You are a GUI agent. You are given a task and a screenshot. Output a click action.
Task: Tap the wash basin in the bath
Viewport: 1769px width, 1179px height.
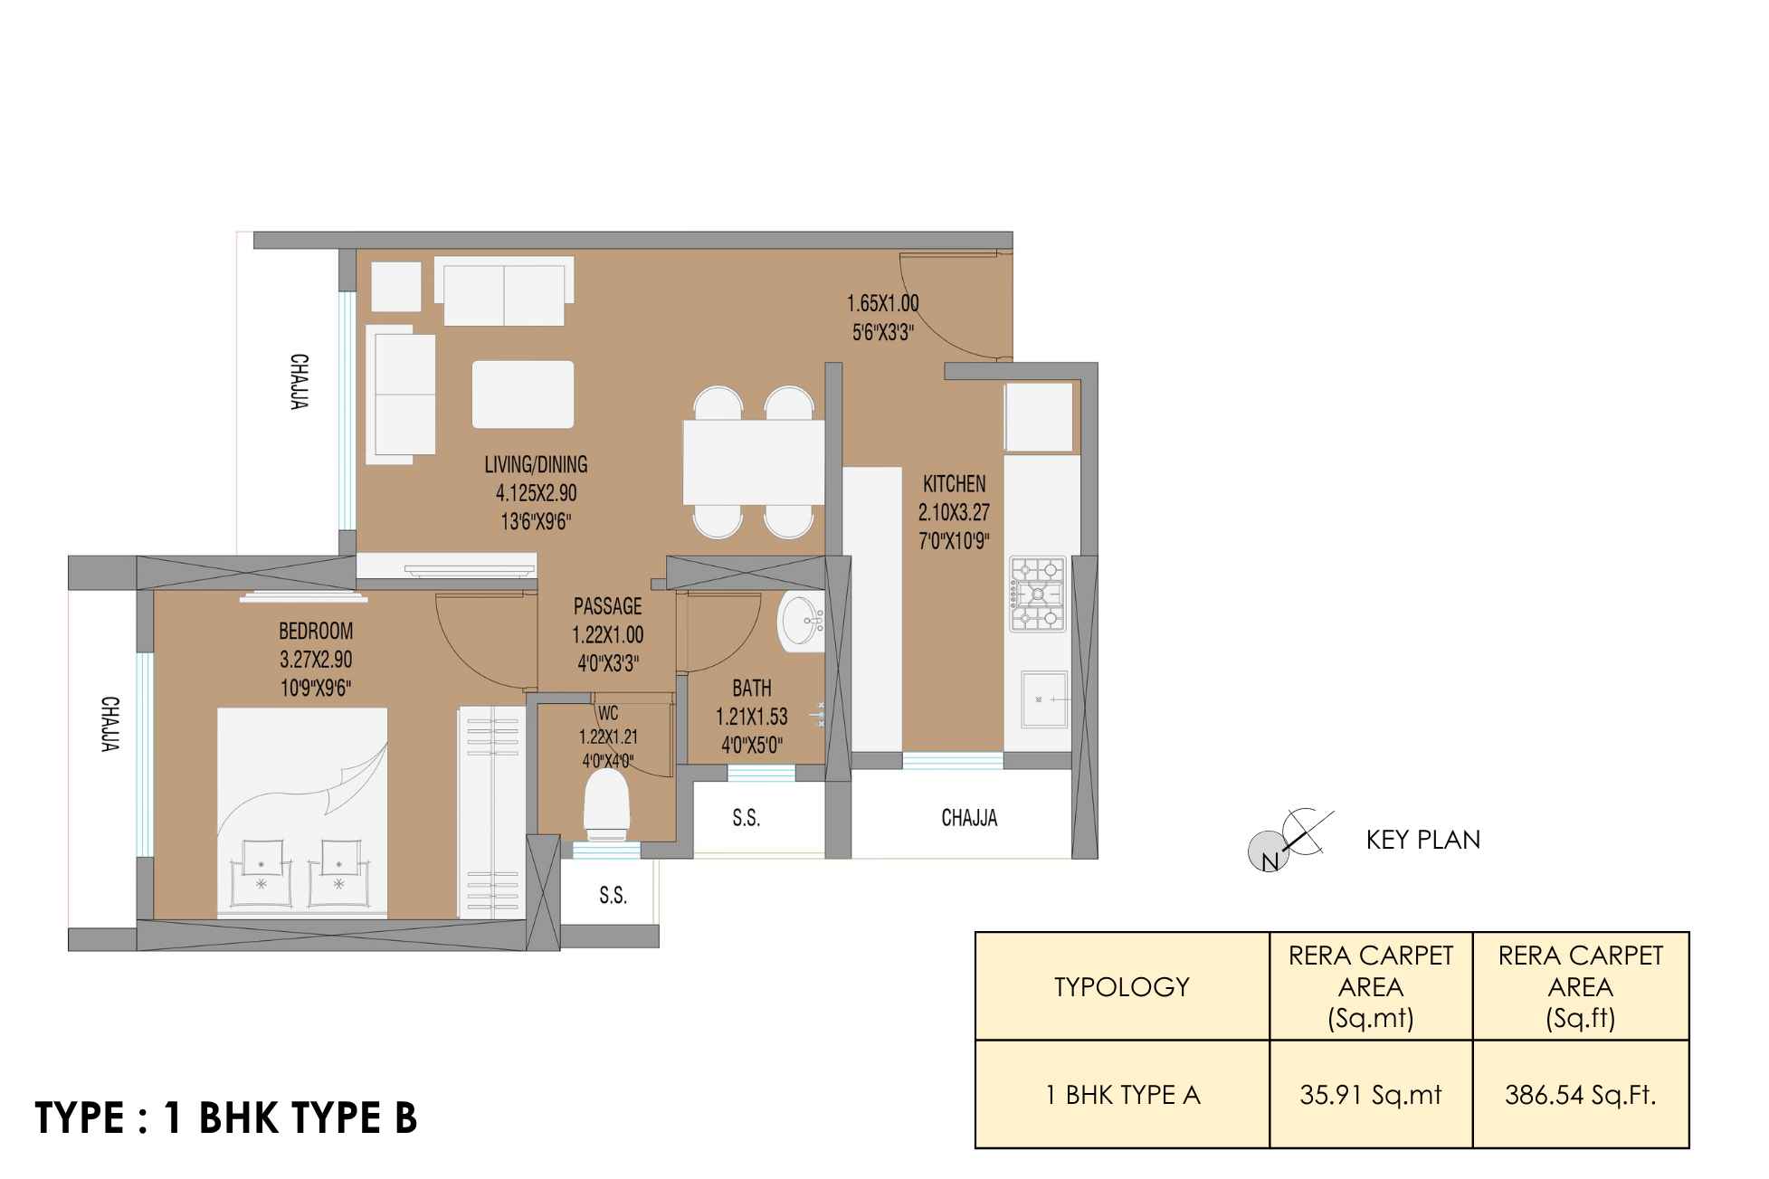pyautogui.click(x=802, y=621)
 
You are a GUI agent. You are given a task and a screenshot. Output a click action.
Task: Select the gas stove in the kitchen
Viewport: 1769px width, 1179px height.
pyautogui.click(x=1037, y=594)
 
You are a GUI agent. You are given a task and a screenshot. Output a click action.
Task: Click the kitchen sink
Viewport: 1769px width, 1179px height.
pyautogui.click(x=1044, y=699)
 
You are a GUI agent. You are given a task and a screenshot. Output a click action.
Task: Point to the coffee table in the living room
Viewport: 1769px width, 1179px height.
pyautogui.click(x=523, y=394)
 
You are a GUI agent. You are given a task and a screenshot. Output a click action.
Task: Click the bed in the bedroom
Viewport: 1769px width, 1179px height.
pyautogui.click(x=302, y=813)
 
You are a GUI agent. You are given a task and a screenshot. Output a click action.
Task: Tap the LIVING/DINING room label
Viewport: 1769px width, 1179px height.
pyautogui.click(x=536, y=465)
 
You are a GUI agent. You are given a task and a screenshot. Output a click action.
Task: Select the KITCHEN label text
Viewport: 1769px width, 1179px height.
pyautogui.click(x=954, y=484)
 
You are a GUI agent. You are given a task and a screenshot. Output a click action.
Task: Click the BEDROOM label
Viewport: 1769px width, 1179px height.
pyautogui.click(x=316, y=631)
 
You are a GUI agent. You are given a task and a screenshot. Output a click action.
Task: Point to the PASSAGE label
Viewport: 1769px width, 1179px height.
pyautogui.click(x=607, y=606)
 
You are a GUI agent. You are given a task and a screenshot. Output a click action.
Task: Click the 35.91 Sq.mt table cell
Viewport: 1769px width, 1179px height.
pyautogui.click(x=1371, y=1095)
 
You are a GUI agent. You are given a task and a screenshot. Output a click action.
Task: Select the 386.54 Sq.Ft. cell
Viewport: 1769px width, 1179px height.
pyautogui.click(x=1580, y=1095)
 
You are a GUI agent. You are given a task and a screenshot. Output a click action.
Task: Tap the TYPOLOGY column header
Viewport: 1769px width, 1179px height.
pyautogui.click(x=1121, y=986)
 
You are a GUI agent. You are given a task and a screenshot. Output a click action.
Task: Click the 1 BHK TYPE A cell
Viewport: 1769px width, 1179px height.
pyautogui.click(x=1122, y=1095)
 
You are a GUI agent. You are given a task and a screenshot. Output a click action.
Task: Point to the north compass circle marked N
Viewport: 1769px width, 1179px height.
pyautogui.click(x=1267, y=851)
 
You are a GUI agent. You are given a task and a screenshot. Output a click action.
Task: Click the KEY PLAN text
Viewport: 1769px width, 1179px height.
pyautogui.click(x=1423, y=840)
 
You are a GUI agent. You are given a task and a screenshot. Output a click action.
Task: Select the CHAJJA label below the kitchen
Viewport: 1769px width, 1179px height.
pyautogui.click(x=969, y=818)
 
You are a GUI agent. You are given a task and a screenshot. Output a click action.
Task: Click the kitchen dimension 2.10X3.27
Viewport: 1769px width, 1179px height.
pyautogui.click(x=954, y=513)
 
